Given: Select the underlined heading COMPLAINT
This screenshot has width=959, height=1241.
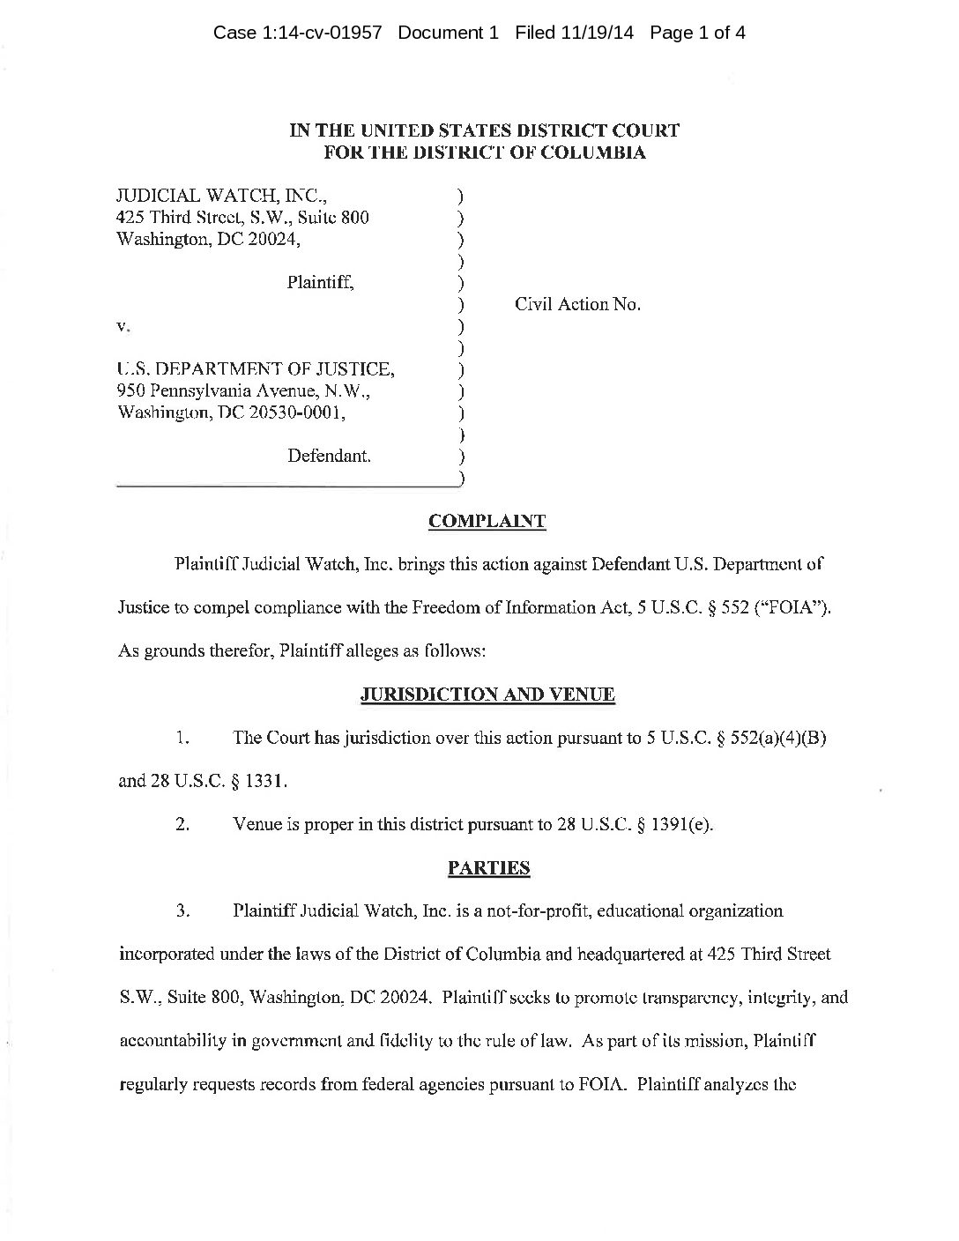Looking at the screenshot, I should [487, 521].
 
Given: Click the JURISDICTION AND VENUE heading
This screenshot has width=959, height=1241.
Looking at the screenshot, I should [487, 695].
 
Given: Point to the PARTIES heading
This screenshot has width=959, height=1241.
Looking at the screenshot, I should [488, 868].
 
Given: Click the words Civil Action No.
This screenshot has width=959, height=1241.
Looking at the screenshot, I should [577, 305].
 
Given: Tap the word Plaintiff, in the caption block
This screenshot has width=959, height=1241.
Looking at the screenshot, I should [321, 283].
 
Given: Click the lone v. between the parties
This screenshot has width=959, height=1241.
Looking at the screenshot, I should [123, 326].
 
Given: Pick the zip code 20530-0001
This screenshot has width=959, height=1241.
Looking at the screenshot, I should [299, 412].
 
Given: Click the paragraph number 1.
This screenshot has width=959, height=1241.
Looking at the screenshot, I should [182, 739].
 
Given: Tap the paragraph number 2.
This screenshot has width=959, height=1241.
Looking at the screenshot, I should [183, 826].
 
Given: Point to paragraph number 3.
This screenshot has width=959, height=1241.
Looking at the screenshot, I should [183, 911].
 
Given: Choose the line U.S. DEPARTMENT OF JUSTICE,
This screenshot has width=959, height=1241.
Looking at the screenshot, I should [256, 369].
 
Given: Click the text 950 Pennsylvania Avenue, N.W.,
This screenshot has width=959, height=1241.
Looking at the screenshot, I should [244, 390].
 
